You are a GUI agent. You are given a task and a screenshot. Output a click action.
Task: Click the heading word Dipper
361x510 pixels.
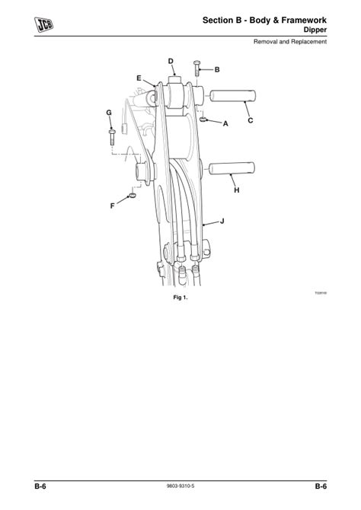click(x=314, y=30)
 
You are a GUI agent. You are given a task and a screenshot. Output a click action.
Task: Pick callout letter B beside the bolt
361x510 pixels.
click(x=217, y=69)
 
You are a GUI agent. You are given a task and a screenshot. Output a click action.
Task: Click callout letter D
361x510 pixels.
click(x=171, y=60)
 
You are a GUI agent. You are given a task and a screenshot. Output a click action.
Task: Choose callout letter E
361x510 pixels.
click(x=139, y=77)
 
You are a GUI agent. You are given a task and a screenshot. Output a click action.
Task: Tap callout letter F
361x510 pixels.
click(x=113, y=206)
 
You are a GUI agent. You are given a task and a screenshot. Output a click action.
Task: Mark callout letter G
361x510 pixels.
click(x=110, y=113)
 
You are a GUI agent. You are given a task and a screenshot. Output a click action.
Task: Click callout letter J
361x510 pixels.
click(x=222, y=221)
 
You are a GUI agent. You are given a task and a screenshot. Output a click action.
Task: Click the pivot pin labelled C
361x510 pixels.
click(x=235, y=98)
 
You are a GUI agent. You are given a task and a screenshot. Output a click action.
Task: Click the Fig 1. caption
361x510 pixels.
click(x=180, y=298)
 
